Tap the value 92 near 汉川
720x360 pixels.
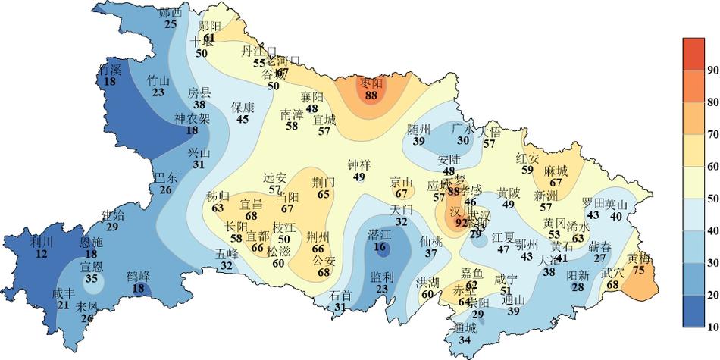tap(462, 223)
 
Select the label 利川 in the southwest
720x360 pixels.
tap(42, 242)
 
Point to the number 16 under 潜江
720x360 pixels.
tap(379, 246)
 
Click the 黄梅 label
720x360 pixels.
tap(639, 258)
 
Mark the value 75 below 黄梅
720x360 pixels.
tap(639, 270)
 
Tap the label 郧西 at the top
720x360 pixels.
tap(171, 12)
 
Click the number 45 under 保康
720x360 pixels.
tap(243, 119)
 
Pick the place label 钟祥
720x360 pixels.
tap(359, 165)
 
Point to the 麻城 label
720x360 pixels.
tap(556, 171)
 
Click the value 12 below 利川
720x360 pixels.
tap(42, 254)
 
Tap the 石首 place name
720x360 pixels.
tap(341, 296)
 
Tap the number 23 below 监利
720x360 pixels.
tap(382, 288)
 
